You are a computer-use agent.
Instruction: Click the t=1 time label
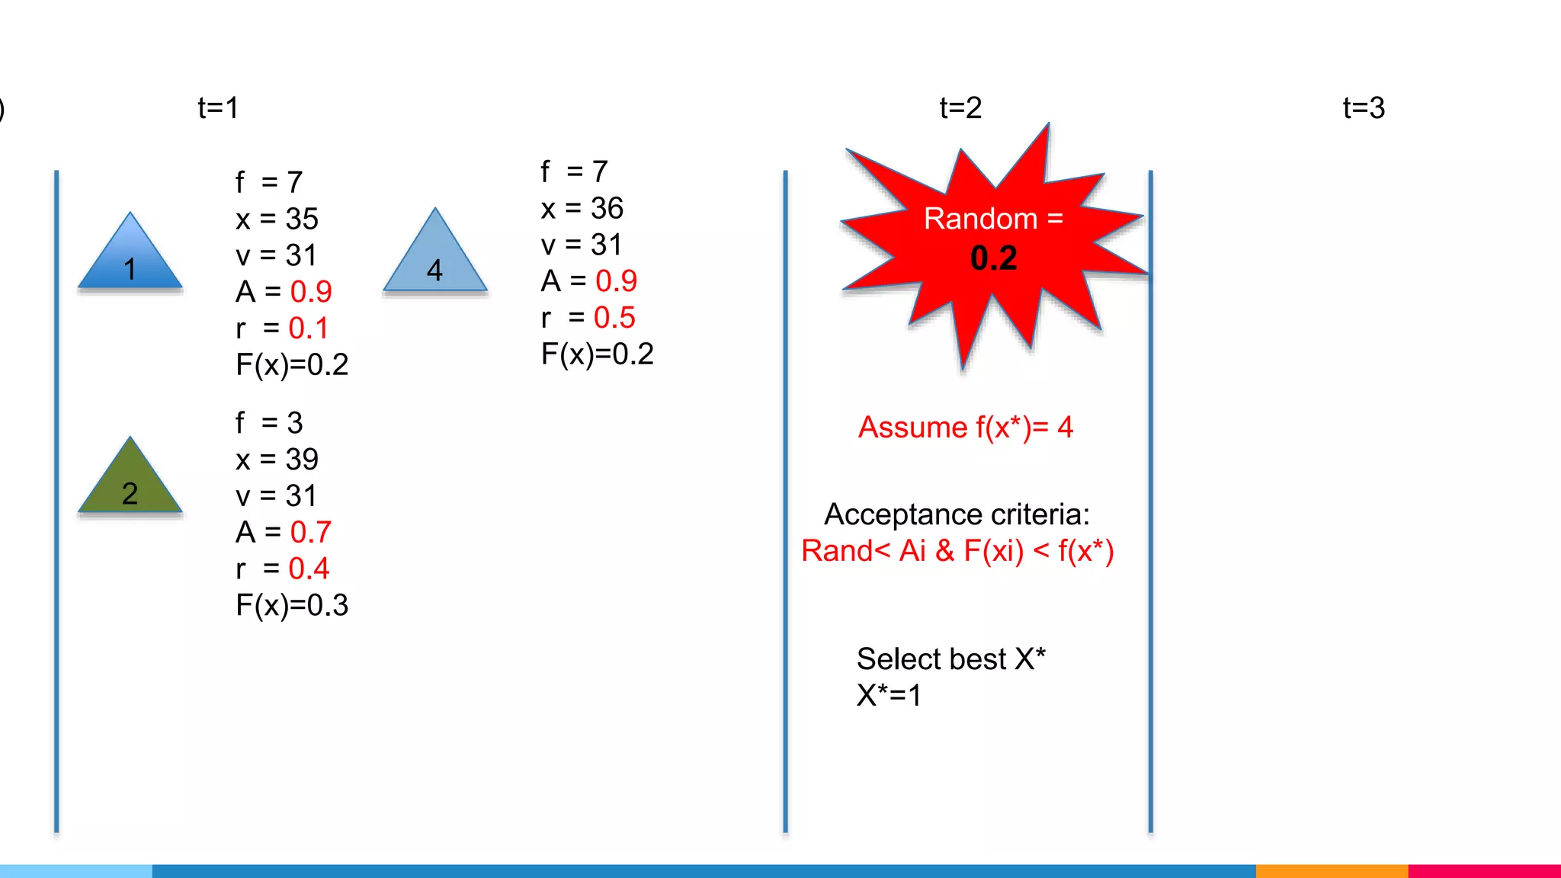pos(218,108)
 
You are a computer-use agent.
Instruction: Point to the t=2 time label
pos(960,108)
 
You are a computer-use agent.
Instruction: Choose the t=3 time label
pos(1364,108)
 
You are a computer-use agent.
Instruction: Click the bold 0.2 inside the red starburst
pos(993,258)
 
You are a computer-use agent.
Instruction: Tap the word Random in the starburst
pos(980,219)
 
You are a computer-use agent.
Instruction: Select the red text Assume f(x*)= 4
pos(965,428)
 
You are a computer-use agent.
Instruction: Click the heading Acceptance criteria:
pos(957,514)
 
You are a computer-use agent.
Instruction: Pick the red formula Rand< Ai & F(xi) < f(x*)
pos(957,551)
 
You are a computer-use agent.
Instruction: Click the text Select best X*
pos(950,659)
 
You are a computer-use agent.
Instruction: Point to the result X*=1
pos(889,695)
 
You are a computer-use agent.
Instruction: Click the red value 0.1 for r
pos(308,328)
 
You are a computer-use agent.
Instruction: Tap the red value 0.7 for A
pos(310,532)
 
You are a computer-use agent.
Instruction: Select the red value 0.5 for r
pos(614,318)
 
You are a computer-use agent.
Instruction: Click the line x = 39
pos(277,460)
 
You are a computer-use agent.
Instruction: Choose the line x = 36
pos(582,209)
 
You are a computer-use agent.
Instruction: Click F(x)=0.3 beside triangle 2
pos(292,605)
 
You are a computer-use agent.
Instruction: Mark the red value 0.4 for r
pos(309,569)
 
